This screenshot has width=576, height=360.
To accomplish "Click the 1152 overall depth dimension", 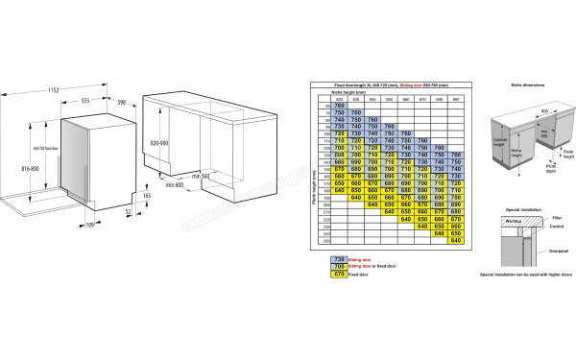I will [62, 89].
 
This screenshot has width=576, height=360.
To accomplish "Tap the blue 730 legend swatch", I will [339, 259].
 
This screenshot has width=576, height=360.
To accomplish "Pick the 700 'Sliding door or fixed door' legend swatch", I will [339, 266].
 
